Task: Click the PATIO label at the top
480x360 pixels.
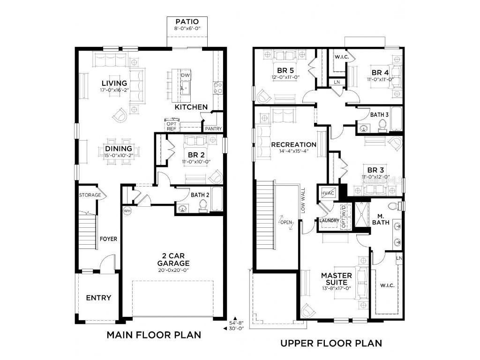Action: pyautogui.click(x=187, y=22)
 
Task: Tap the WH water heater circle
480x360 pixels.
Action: pyautogui.click(x=127, y=211)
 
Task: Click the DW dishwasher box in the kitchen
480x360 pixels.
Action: pyautogui.click(x=185, y=75)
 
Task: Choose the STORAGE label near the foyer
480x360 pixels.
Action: pyautogui.click(x=90, y=195)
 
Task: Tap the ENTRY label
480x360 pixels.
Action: pyautogui.click(x=98, y=298)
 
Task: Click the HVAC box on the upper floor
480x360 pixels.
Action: pyautogui.click(x=327, y=194)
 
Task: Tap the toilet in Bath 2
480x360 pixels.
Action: pyautogui.click(x=203, y=205)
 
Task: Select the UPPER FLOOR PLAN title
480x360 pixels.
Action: pyautogui.click(x=331, y=344)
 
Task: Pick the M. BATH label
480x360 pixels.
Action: pyautogui.click(x=381, y=219)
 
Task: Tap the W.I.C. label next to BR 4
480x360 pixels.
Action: pyautogui.click(x=340, y=57)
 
